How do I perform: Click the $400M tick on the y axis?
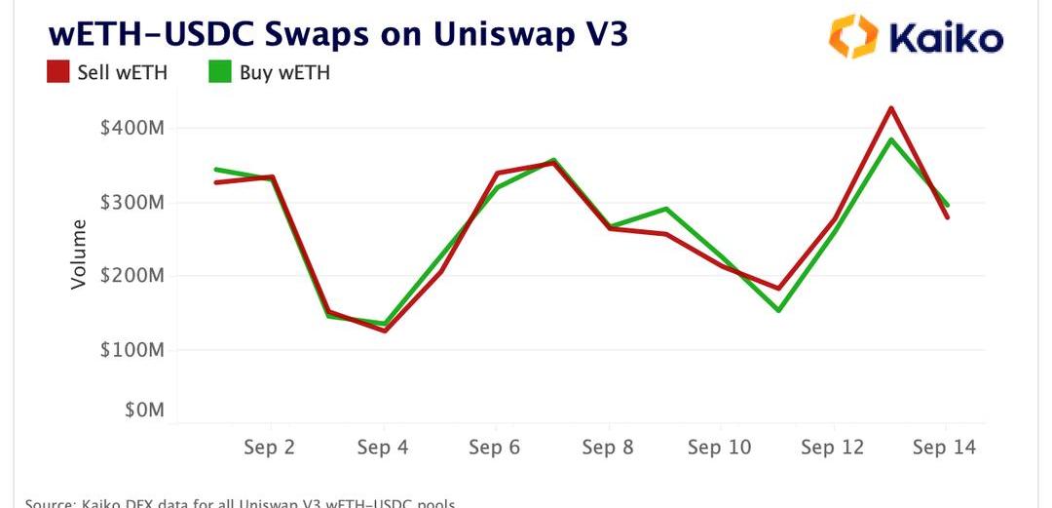coord(132,129)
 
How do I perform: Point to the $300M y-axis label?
coord(132,203)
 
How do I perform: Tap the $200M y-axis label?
coord(132,276)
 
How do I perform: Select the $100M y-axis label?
coord(132,350)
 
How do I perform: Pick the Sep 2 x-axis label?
coord(270,448)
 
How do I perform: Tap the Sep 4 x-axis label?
coord(383,448)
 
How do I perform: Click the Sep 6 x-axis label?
coord(495,448)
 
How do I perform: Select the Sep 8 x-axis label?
coord(608,448)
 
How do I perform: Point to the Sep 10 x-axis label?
coord(720,448)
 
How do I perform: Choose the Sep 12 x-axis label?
coord(833,448)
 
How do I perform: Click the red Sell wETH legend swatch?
coord(57,72)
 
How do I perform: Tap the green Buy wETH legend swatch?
coord(219,72)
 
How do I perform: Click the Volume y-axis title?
coord(79,254)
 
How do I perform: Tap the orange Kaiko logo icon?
coord(852,36)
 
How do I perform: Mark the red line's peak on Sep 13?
coord(890,107)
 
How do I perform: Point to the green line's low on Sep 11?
coord(778,310)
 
